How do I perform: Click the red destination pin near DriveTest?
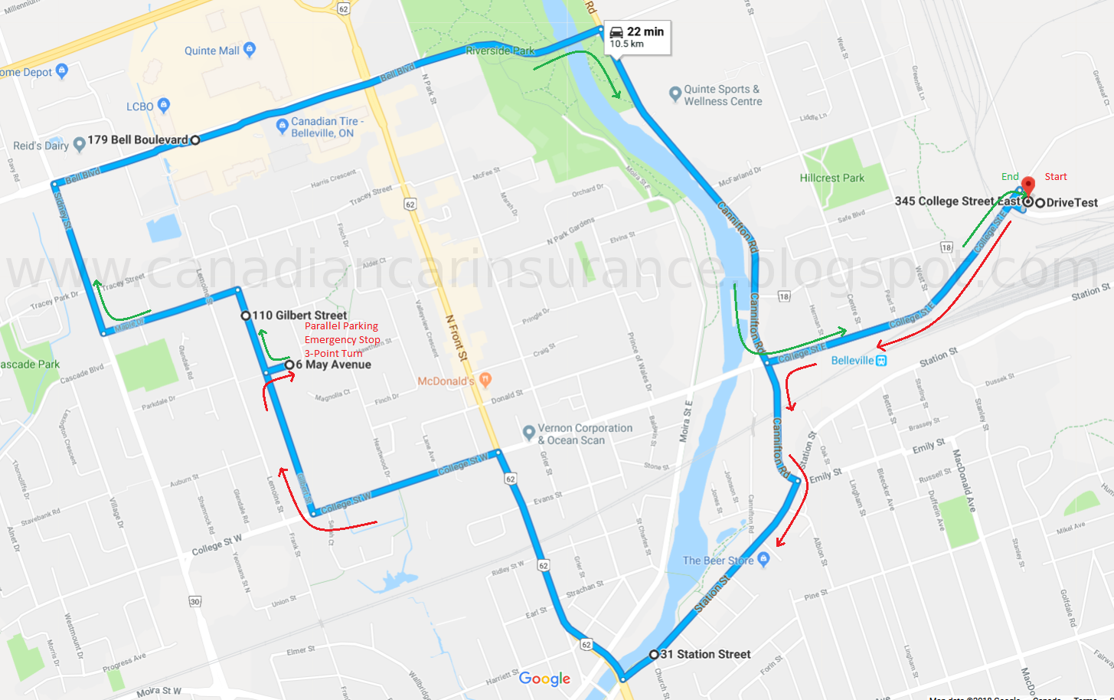point(1028,185)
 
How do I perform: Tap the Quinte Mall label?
point(211,51)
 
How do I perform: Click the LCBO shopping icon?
point(163,105)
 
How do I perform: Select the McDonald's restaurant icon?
point(485,379)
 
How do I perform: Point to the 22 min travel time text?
point(645,31)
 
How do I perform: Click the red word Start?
point(1055,177)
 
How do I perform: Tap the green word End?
point(1010,177)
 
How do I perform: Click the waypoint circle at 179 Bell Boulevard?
point(195,140)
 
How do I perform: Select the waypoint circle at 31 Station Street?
point(653,655)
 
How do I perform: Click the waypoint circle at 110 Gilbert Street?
point(245,316)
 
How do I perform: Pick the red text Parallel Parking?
point(341,325)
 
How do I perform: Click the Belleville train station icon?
point(881,360)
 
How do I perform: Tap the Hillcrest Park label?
point(831,178)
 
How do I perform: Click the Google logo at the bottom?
point(544,679)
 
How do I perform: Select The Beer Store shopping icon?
point(763,558)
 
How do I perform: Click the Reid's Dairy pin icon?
point(78,145)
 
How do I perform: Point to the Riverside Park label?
point(500,51)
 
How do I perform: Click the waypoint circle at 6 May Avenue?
point(289,365)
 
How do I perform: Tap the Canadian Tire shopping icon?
point(282,125)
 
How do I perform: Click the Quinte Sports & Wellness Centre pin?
point(675,94)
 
